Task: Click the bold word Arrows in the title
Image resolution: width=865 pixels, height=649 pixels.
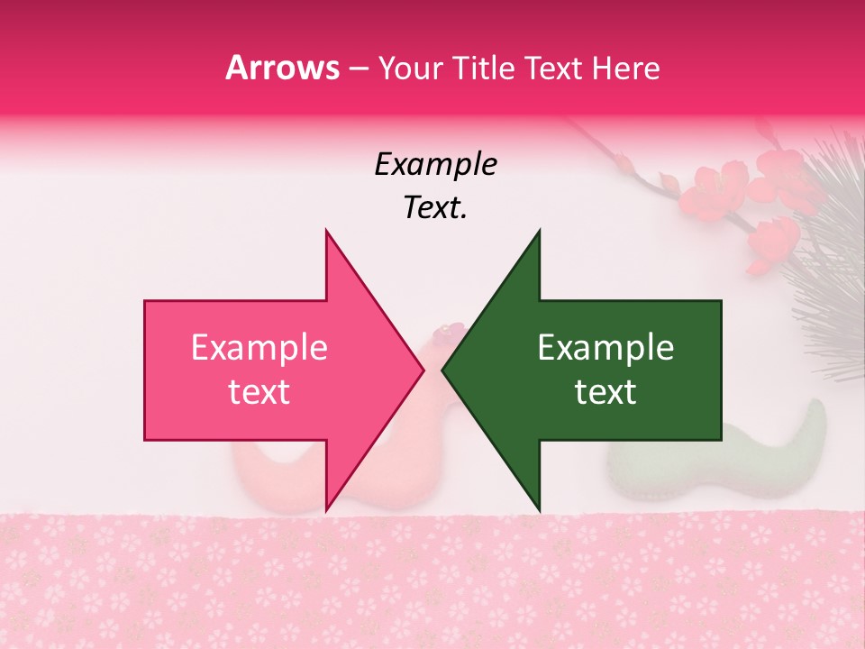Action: [282, 68]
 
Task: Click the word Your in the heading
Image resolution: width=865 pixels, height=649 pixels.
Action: [410, 69]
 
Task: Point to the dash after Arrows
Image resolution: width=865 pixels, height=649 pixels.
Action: [358, 69]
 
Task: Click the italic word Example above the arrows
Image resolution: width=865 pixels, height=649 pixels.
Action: [435, 165]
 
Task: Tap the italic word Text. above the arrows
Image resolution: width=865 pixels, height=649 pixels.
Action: [435, 208]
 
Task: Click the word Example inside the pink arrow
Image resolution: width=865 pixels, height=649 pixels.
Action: [259, 348]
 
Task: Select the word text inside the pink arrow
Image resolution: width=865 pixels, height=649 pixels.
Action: [259, 392]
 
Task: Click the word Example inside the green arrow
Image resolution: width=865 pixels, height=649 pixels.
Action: [605, 348]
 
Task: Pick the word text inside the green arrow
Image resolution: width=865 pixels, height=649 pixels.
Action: [605, 392]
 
